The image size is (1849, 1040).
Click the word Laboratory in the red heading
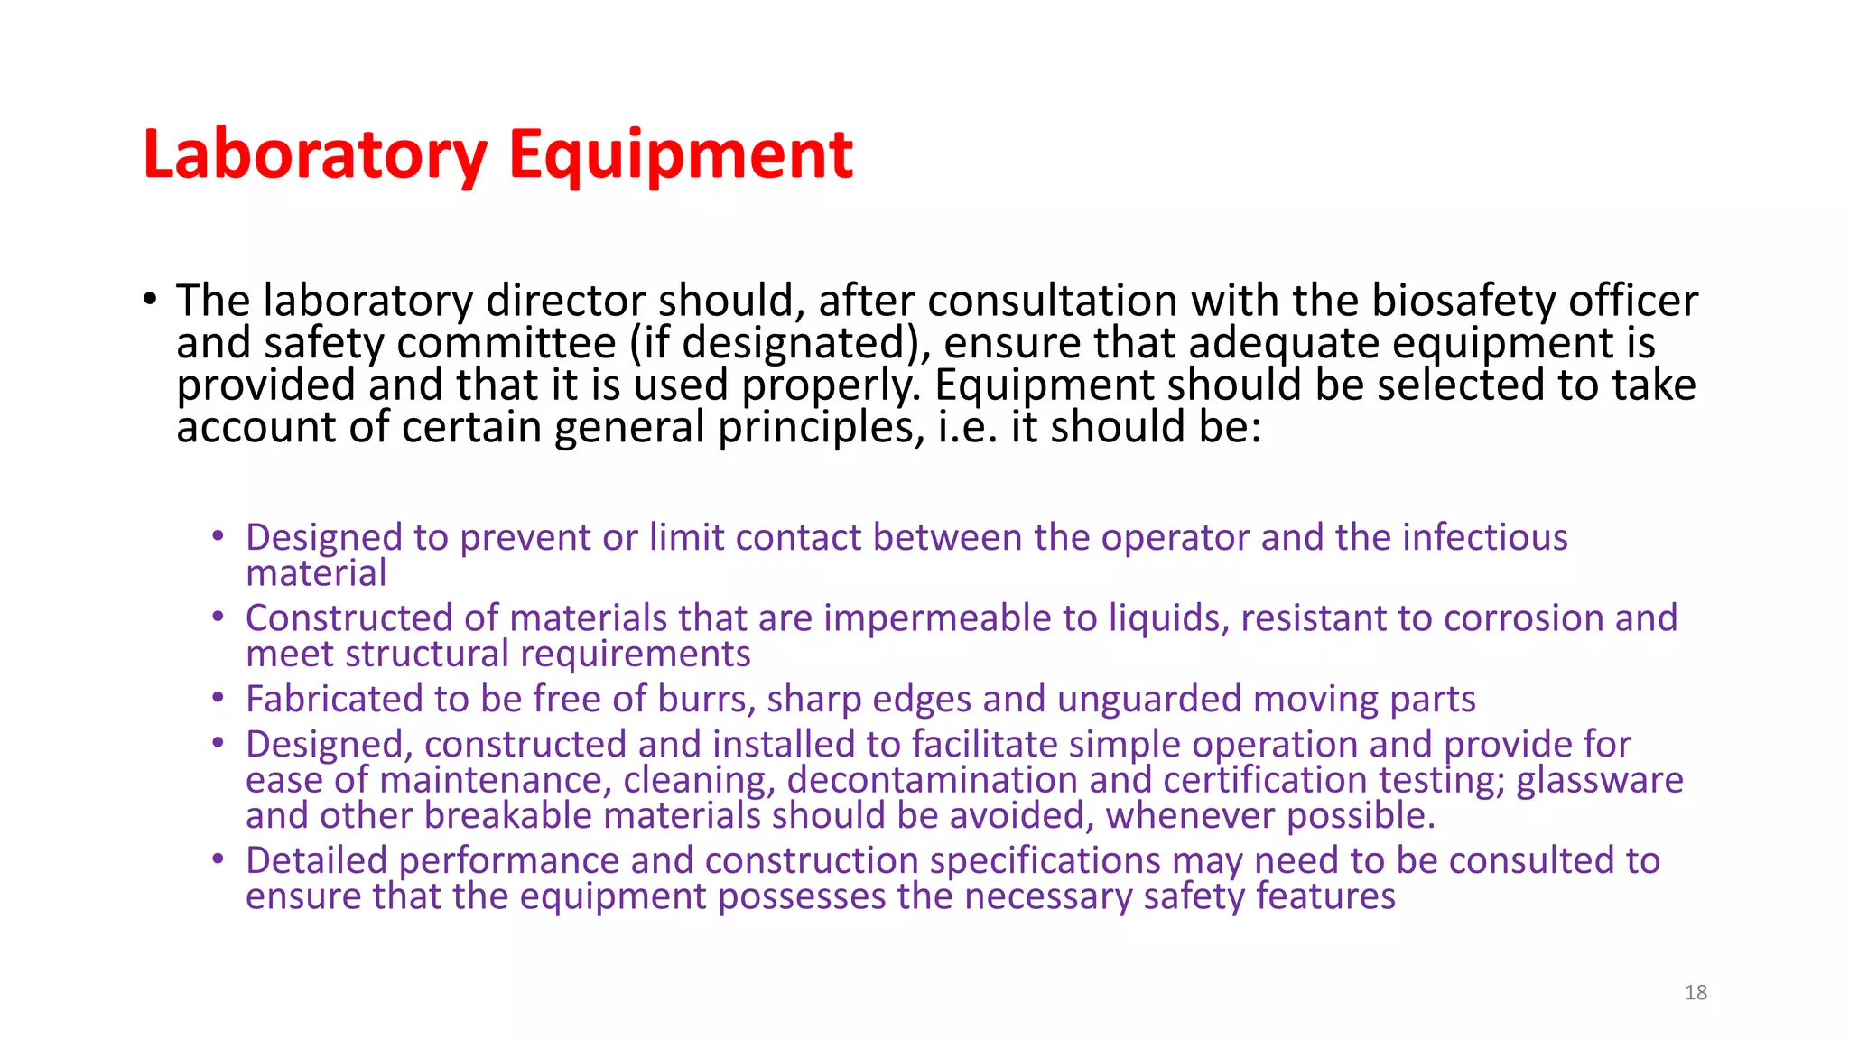[315, 155]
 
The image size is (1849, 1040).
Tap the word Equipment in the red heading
[680, 155]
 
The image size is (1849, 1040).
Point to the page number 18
[1696, 993]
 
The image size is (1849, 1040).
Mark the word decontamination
[932, 780]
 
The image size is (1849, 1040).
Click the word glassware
[1599, 780]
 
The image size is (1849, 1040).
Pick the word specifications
[1045, 860]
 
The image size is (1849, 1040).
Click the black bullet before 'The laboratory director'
[149, 299]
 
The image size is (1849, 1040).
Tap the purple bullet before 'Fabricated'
[218, 698]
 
